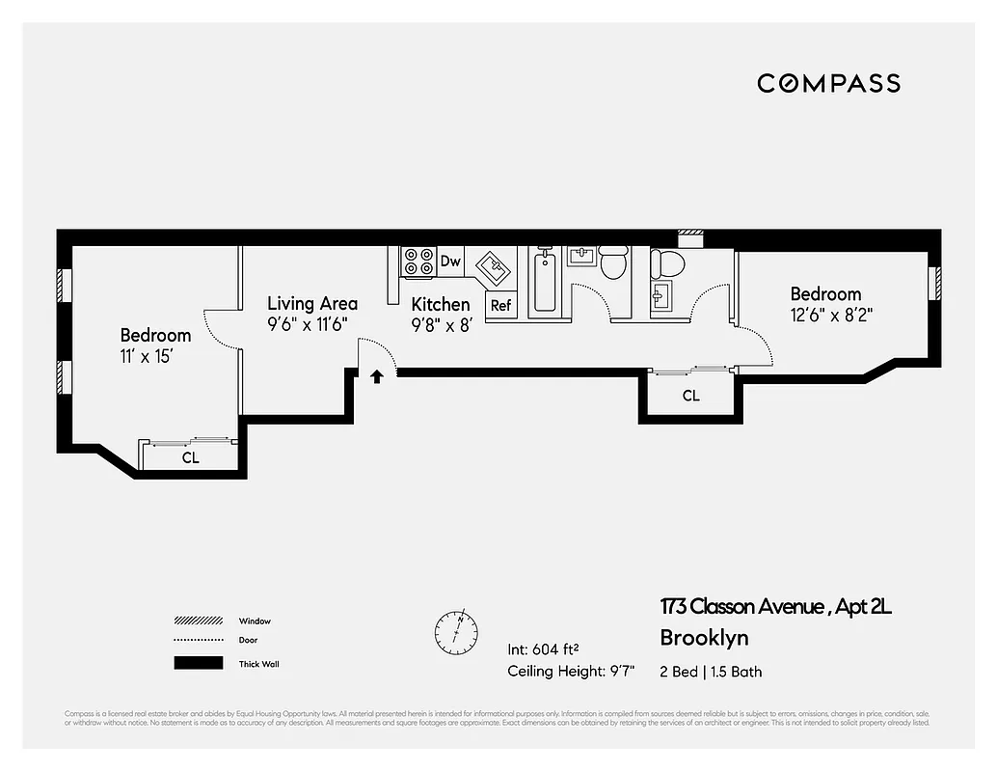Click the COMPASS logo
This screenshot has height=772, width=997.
pyautogui.click(x=828, y=83)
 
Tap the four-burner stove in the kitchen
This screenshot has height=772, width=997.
pyautogui.click(x=418, y=262)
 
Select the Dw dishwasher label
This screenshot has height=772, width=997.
pyautogui.click(x=450, y=261)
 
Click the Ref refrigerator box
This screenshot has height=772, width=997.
pyautogui.click(x=500, y=305)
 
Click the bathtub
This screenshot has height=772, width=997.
pyautogui.click(x=544, y=280)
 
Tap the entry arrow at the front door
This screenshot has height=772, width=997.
pyautogui.click(x=377, y=376)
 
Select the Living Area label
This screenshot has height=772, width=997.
pyautogui.click(x=311, y=303)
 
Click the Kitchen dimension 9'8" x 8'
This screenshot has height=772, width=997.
pyautogui.click(x=441, y=326)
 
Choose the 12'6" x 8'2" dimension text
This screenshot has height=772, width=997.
pyautogui.click(x=832, y=315)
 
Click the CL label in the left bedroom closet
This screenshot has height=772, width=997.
pyautogui.click(x=191, y=457)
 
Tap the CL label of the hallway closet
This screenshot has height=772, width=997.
pyautogui.click(x=690, y=396)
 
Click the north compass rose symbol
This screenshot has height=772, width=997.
pyautogui.click(x=455, y=630)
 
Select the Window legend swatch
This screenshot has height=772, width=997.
pyautogui.click(x=197, y=620)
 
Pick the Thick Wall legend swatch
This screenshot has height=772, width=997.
pyautogui.click(x=197, y=664)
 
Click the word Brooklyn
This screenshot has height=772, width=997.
pyautogui.click(x=704, y=638)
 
